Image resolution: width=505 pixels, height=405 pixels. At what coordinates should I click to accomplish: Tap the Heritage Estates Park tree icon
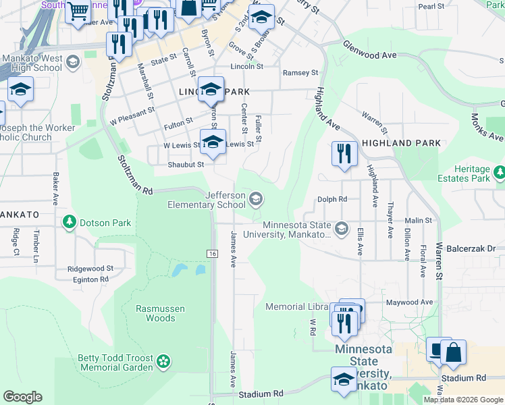click(x=500, y=173)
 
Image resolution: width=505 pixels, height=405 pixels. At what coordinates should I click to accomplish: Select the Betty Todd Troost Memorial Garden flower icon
click(x=163, y=362)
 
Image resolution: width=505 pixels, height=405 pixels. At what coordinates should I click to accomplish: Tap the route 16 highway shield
click(x=212, y=252)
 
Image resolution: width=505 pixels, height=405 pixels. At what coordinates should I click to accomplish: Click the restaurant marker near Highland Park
click(x=344, y=154)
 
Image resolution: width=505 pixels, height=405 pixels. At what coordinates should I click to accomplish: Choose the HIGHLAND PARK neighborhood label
click(x=401, y=143)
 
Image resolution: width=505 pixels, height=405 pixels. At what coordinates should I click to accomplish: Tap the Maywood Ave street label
click(x=408, y=302)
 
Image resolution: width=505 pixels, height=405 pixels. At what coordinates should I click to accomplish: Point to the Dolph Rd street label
click(x=332, y=199)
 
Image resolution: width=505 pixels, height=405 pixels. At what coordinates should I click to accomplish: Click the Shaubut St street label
click(x=186, y=164)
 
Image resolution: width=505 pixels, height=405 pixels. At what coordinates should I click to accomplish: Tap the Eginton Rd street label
click(x=90, y=279)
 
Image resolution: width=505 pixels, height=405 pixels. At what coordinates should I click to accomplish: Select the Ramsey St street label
click(x=300, y=73)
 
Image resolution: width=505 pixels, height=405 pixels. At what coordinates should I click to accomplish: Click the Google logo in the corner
click(x=22, y=397)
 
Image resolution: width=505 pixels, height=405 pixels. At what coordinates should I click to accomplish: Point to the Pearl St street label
click(x=431, y=6)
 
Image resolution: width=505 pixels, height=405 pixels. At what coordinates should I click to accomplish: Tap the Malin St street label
click(x=419, y=221)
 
